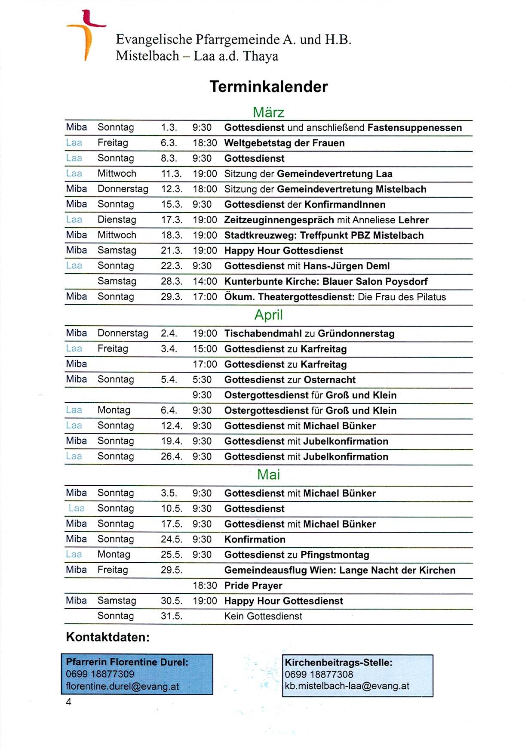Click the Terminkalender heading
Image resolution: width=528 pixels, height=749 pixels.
click(269, 86)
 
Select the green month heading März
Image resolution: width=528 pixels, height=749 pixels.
click(269, 112)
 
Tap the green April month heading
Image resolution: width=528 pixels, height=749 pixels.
click(269, 315)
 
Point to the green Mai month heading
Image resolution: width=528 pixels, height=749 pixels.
click(269, 475)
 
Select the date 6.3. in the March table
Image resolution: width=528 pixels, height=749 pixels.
click(169, 143)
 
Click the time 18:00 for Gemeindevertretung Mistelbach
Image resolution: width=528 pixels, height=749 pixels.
click(205, 189)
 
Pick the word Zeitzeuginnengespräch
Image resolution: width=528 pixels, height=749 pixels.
click(279, 220)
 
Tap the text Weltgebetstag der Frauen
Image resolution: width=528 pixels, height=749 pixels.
click(284, 143)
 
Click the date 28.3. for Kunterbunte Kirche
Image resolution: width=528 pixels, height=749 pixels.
click(172, 281)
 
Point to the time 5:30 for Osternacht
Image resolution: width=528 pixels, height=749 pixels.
click(202, 380)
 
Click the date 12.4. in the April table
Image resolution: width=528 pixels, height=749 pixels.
click(172, 426)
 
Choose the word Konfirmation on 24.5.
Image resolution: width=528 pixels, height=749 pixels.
click(255, 539)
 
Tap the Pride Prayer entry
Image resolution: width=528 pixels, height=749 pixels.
click(253, 586)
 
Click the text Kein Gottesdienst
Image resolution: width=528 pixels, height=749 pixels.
click(263, 616)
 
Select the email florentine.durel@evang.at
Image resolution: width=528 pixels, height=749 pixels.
click(122, 687)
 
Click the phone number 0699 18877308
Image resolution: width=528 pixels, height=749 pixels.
click(319, 675)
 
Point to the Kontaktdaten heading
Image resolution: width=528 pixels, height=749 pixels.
click(107, 637)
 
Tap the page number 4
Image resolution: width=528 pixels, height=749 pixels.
click(68, 702)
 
